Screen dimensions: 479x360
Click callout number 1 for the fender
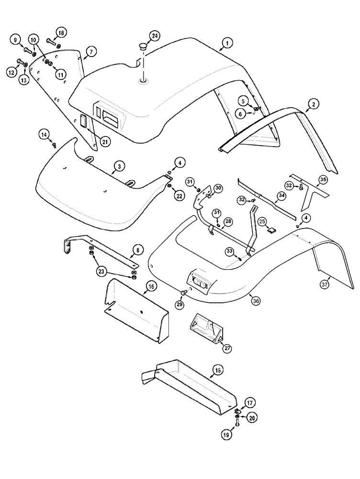[x=226, y=44]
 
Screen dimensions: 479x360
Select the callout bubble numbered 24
[x=154, y=36]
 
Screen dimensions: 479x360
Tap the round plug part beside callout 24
[x=142, y=47]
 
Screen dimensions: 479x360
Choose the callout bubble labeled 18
[x=61, y=32]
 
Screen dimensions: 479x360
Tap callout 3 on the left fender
[x=119, y=166]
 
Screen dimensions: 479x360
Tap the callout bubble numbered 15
[x=218, y=370]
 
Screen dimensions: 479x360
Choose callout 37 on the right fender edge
[x=325, y=285]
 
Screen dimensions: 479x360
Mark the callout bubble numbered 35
[x=323, y=180]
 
